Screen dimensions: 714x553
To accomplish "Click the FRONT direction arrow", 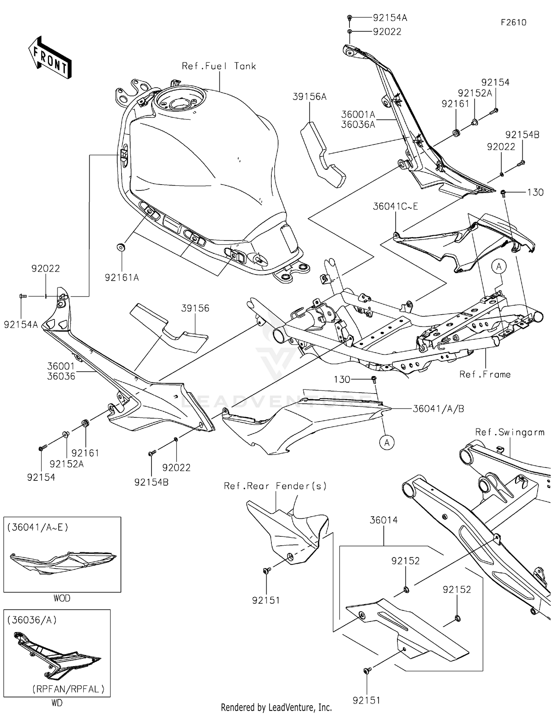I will (50, 57).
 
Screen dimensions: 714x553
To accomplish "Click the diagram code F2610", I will (513, 22).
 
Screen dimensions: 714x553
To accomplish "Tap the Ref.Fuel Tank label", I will (219, 66).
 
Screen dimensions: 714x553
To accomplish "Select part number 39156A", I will (309, 97).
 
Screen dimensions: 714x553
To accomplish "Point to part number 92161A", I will (122, 278).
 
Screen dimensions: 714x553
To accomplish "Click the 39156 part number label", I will (195, 308).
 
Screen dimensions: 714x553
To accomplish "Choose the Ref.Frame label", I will (485, 375).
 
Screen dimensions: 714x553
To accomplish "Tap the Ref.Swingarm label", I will (509, 432).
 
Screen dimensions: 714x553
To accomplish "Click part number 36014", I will (383, 520).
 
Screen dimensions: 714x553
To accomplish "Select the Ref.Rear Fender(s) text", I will (275, 486).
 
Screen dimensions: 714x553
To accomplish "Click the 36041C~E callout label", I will (395, 207).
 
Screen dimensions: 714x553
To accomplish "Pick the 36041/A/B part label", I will (438, 409).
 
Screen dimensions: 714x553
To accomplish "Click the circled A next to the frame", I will (499, 266).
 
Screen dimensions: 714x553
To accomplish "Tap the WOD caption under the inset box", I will (62, 598).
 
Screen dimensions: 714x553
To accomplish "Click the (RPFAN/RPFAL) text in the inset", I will (68, 689).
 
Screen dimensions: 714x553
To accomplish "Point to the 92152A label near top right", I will (474, 93).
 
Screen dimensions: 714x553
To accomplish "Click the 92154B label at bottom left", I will (151, 482).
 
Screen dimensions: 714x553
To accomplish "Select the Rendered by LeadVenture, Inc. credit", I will (276, 707).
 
